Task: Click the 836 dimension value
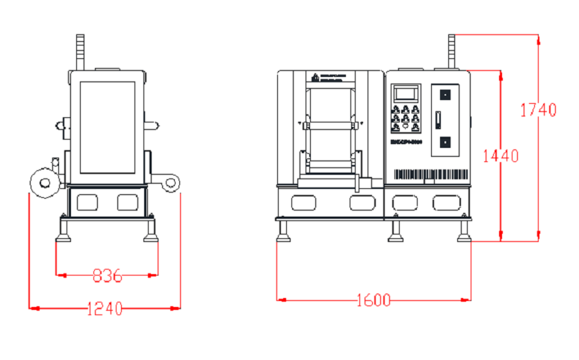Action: [x=107, y=276]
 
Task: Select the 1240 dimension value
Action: [x=105, y=308]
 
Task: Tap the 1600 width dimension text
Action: [x=374, y=300]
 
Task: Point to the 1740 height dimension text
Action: [x=539, y=110]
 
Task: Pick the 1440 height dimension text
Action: [x=501, y=156]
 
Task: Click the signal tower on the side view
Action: [x=81, y=52]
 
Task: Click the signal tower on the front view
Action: [x=451, y=52]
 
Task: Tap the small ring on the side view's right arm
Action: [x=172, y=182]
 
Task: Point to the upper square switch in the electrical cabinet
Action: [x=444, y=95]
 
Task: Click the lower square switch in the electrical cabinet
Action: [x=444, y=143]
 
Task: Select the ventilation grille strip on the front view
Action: [x=429, y=175]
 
